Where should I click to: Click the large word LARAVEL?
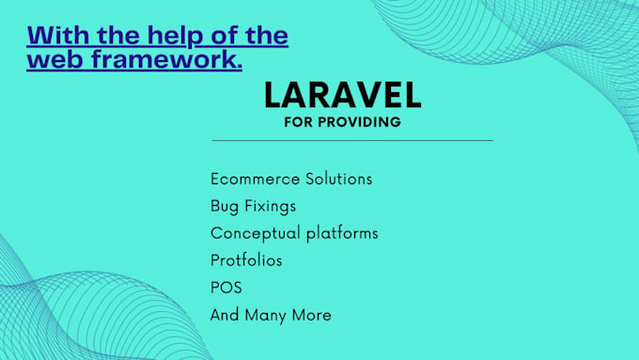342,95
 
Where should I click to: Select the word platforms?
342,233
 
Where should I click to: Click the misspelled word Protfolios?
246,259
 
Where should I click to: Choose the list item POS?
226,287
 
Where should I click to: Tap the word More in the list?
313,315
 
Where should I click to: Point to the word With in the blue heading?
56,37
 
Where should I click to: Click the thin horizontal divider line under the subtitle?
351,141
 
